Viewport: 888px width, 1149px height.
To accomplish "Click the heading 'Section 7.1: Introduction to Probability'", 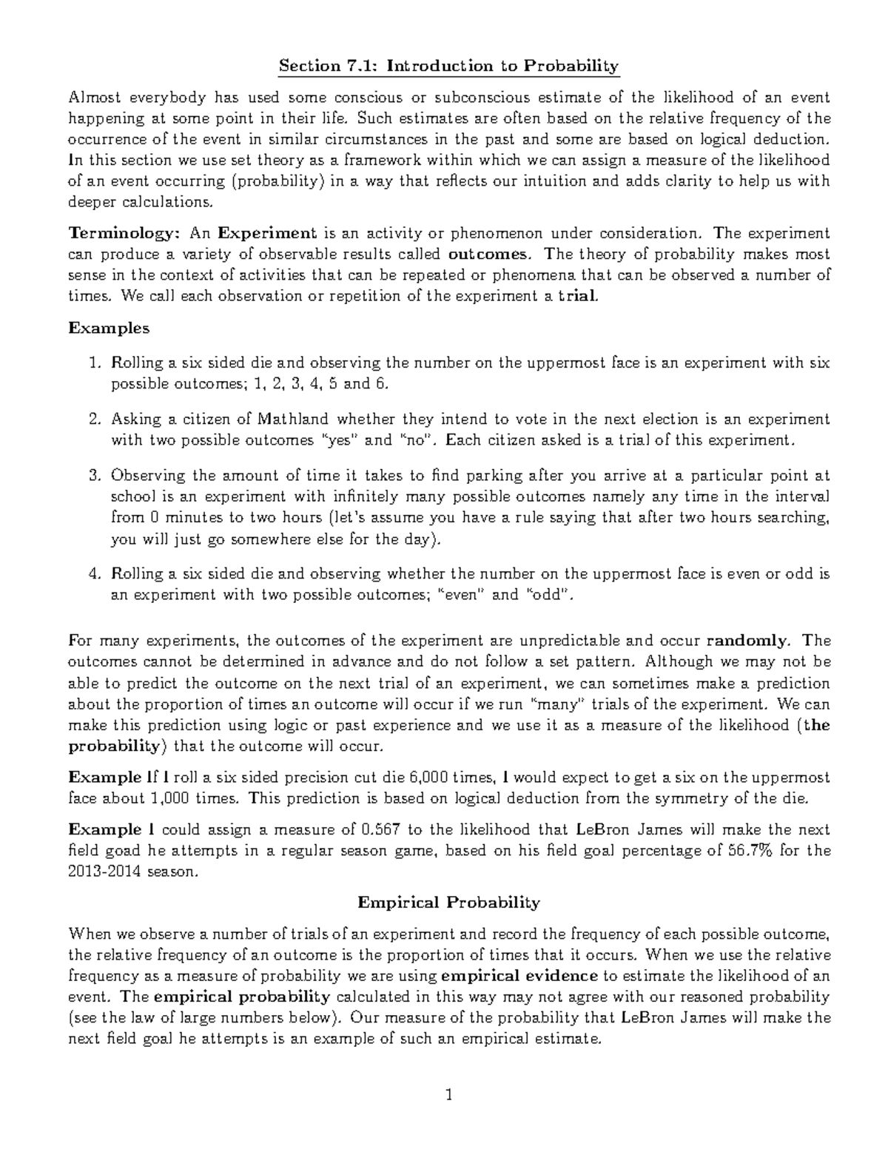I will pos(448,67).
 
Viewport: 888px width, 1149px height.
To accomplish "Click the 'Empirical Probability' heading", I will pos(448,903).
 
